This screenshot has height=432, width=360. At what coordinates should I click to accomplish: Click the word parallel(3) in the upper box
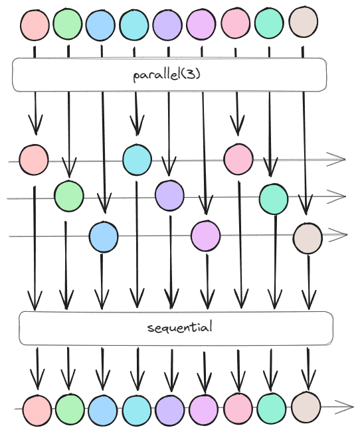(x=167, y=74)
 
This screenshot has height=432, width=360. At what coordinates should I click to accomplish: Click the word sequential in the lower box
(x=180, y=328)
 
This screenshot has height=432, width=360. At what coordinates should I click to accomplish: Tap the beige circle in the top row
(x=303, y=22)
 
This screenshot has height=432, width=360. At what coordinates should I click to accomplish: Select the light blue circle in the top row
(x=100, y=25)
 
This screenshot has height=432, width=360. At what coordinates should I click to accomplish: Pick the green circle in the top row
(x=67, y=24)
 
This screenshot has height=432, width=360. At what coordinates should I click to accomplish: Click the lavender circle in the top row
(x=167, y=25)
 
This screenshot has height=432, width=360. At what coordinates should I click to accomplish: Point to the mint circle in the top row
(x=269, y=23)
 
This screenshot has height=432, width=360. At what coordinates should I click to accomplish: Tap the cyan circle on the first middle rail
(x=137, y=159)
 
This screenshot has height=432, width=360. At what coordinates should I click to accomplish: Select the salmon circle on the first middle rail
(x=34, y=160)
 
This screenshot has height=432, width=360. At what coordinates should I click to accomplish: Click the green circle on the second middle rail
(x=68, y=196)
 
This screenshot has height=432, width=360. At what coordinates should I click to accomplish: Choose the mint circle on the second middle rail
(x=274, y=199)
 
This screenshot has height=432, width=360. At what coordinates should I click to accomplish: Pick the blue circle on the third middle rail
(x=104, y=237)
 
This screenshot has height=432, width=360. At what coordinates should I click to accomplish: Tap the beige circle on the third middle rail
(x=308, y=238)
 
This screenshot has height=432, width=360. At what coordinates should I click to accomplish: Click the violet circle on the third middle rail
(x=205, y=236)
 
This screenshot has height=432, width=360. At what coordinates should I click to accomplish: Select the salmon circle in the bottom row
(x=37, y=411)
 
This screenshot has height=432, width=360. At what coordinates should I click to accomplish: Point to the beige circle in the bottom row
(x=306, y=407)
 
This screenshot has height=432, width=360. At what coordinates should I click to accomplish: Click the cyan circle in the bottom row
(x=137, y=411)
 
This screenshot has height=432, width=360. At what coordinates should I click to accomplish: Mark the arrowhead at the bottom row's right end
(x=345, y=407)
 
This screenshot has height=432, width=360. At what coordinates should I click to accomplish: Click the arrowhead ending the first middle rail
(x=337, y=159)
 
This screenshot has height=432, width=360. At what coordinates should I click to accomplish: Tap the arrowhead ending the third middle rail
(x=339, y=235)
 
